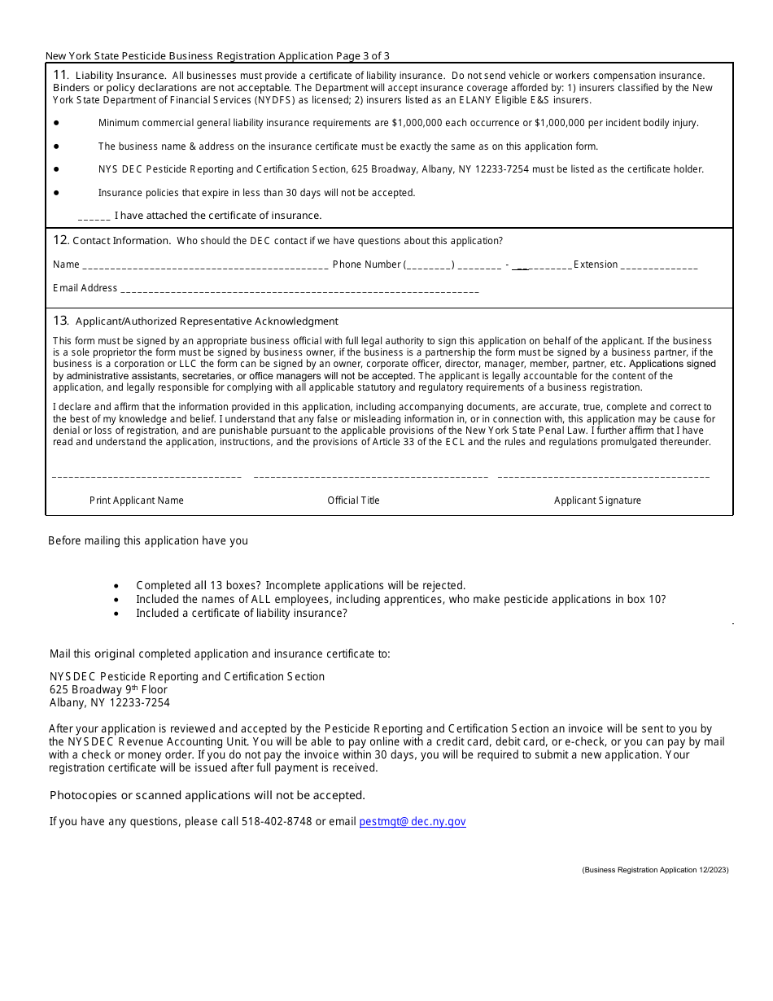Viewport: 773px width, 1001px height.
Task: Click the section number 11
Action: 60,75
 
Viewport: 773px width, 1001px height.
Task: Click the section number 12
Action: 60,240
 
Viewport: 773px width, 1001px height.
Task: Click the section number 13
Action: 60,321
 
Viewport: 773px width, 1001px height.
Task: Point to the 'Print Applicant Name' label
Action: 137,500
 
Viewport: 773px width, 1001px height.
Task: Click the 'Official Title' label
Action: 353,500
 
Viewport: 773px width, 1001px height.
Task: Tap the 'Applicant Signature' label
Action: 597,500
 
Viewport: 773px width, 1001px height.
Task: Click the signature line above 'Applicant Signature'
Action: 603,477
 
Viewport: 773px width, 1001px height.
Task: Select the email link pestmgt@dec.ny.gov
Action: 413,822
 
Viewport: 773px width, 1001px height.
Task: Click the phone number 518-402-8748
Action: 277,822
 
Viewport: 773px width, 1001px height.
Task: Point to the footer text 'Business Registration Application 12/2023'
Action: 655,870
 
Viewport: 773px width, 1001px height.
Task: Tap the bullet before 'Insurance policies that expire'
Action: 56,193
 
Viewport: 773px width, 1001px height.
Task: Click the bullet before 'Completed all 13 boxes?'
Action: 117,586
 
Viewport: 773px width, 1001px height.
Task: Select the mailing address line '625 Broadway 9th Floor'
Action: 108,689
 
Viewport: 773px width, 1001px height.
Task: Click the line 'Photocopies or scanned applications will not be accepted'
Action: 207,795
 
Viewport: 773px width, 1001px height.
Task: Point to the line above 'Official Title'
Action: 371,477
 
